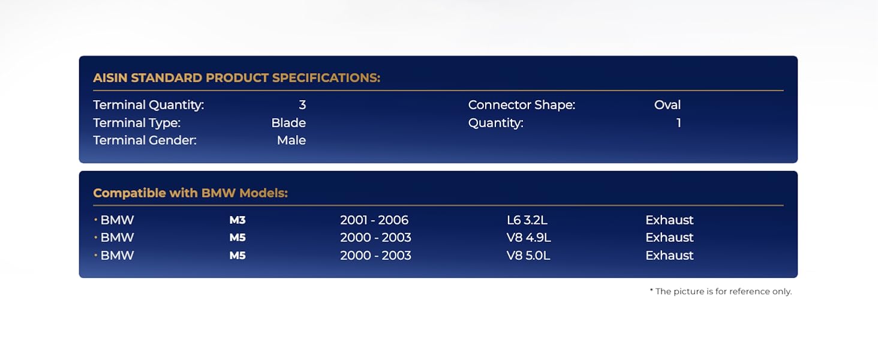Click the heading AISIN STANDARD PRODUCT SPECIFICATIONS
tap(237, 77)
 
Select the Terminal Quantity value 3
tap(302, 105)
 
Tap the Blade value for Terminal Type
tap(288, 123)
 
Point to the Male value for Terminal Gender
tap(291, 140)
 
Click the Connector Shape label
tap(522, 105)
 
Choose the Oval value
tap(667, 105)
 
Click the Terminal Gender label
tap(145, 140)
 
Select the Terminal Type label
tap(137, 123)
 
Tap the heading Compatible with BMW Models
tap(191, 193)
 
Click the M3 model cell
tap(237, 220)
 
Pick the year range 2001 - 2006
tap(374, 220)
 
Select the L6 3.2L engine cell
tap(527, 220)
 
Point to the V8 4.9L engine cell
tap(529, 237)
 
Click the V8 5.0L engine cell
tap(528, 255)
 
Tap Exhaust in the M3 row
tap(669, 220)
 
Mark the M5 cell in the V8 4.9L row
tap(237, 237)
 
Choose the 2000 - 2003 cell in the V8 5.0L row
tap(375, 255)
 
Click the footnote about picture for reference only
tap(721, 292)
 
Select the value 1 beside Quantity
tap(678, 123)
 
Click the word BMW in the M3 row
tap(117, 220)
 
